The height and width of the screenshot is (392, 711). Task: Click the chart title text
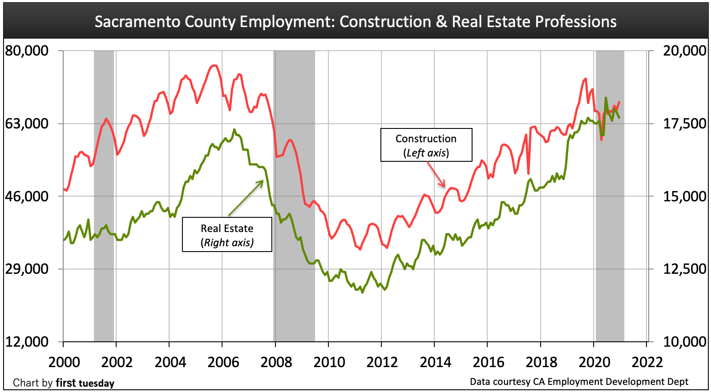355,21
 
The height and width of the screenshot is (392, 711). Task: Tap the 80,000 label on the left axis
27,50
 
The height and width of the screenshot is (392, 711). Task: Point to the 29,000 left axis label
27,269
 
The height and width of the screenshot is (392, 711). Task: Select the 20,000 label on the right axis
684,50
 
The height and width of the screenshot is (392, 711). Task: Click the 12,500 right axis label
684,269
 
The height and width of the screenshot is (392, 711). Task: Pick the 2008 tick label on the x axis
276,362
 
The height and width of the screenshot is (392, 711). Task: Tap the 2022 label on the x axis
647,362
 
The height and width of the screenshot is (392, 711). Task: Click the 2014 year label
435,362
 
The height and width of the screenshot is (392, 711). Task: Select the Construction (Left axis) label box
426,145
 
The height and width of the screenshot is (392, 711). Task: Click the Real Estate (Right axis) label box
227,235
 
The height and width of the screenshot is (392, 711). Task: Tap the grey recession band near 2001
104,196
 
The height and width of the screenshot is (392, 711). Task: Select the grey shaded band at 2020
610,222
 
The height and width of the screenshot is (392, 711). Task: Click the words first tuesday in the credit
85,383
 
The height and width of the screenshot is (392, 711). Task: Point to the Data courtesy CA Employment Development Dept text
579,382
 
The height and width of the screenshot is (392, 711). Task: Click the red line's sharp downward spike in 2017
528,173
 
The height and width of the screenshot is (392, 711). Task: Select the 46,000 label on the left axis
27,196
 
